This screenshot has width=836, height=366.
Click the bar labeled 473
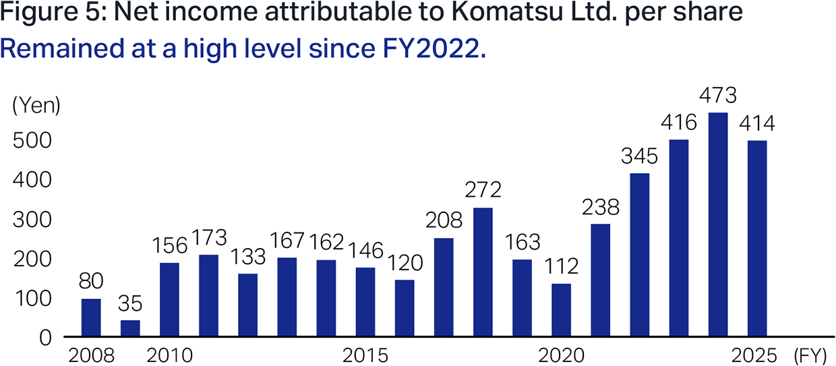[x=718, y=224]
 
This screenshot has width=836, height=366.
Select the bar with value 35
[x=130, y=328]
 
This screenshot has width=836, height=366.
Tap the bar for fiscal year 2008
[x=91, y=317]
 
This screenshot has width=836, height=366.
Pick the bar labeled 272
[x=483, y=272]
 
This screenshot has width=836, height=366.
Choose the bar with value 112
[x=562, y=310]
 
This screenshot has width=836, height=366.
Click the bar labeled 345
[x=640, y=255]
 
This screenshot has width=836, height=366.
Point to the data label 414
[x=757, y=123]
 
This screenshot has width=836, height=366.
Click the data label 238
[x=601, y=207]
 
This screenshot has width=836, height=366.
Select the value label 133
[x=248, y=257]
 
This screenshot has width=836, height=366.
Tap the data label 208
[x=444, y=220]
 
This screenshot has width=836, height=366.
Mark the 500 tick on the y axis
[x=32, y=141]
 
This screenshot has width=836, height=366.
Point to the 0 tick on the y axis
[x=45, y=338]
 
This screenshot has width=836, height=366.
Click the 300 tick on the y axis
[x=32, y=220]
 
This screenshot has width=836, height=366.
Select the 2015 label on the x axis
[x=365, y=356]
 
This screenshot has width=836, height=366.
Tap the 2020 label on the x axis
[x=561, y=356]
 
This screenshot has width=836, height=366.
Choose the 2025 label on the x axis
[x=754, y=356]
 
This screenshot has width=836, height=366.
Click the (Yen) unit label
[x=36, y=106]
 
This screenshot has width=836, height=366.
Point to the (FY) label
[x=810, y=356]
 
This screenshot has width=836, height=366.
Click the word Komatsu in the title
[x=507, y=11]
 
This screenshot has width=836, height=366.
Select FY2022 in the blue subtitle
[x=434, y=49]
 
